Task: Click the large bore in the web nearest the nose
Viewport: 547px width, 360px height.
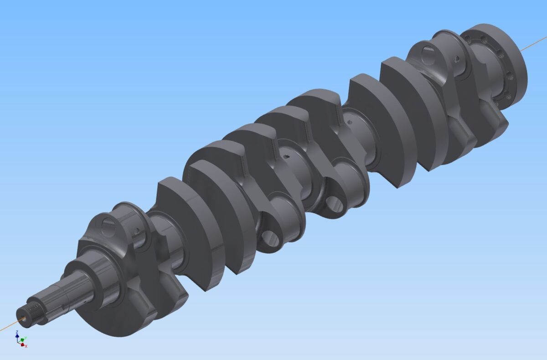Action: click(108, 224)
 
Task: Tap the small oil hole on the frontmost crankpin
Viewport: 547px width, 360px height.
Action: click(136, 232)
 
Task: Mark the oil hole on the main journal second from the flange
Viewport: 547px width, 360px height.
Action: click(350, 122)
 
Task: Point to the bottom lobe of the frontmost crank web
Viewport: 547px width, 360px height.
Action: click(114, 319)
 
